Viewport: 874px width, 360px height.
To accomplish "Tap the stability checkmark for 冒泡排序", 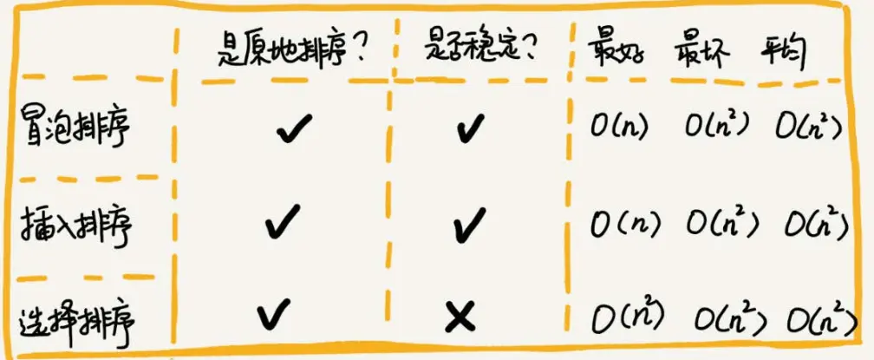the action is pos(470,131).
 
